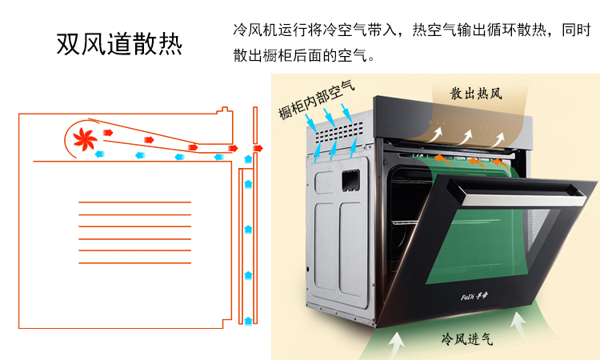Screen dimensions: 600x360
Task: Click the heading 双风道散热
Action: [119, 44]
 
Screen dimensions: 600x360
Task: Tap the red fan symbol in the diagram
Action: [85, 139]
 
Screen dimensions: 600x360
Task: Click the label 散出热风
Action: [476, 94]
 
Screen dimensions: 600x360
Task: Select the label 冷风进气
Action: [467, 338]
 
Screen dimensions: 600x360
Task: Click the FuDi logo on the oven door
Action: [474, 297]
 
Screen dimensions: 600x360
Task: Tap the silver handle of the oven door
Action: [516, 193]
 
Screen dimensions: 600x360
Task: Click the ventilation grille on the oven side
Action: [340, 132]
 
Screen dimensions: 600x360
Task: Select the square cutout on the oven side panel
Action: [350, 180]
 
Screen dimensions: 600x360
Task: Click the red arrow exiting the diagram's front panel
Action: [258, 149]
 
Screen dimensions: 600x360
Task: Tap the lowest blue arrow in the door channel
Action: [248, 321]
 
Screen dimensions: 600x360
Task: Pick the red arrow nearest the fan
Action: [108, 133]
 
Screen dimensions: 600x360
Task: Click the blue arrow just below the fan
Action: [99, 154]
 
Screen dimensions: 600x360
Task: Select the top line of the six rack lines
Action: [134, 202]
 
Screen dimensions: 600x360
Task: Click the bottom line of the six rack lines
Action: [134, 263]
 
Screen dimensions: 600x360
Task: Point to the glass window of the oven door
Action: [486, 245]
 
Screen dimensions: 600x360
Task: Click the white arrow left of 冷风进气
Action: [397, 343]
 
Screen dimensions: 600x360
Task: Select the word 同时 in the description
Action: [576, 30]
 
